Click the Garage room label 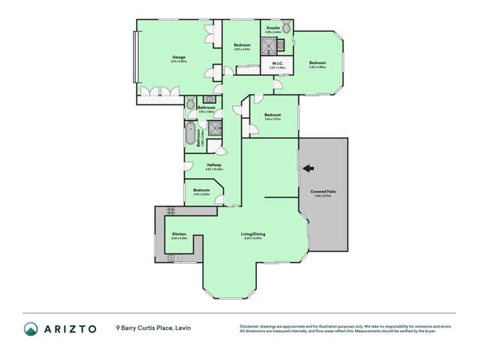(179, 59)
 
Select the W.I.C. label (277, 63)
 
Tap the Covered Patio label (323, 192)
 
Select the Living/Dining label (252, 234)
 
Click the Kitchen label (179, 234)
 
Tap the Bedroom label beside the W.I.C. (318, 62)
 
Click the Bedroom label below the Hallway (201, 191)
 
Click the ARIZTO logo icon (30, 328)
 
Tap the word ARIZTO (69, 328)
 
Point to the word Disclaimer (249, 325)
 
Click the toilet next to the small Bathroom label (191, 102)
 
